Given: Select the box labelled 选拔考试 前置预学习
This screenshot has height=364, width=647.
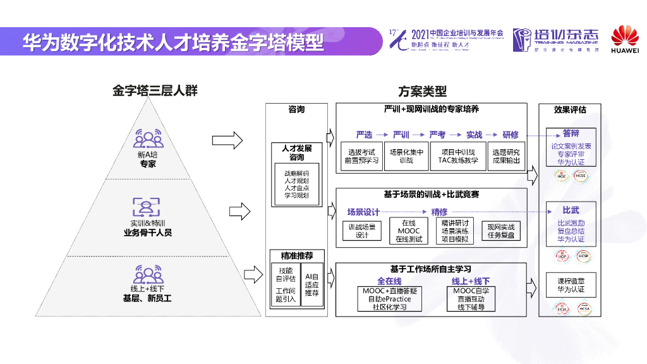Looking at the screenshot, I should tap(361, 156).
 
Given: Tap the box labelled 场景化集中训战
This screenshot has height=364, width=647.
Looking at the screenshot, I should tap(406, 156).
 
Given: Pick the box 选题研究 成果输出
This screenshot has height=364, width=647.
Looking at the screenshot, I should tap(506, 156).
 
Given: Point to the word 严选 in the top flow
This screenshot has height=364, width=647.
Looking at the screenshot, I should tap(364, 135).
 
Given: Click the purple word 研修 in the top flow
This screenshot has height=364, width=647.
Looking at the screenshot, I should tap(511, 135).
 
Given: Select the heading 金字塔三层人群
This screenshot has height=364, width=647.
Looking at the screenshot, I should tap(155, 91).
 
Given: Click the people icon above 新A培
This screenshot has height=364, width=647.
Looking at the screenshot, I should tap(147, 138).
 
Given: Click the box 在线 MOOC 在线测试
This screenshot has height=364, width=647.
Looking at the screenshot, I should tap(409, 231).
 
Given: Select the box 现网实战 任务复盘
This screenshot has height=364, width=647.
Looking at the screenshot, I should tap(501, 231).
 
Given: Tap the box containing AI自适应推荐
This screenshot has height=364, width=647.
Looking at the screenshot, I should tap(312, 285).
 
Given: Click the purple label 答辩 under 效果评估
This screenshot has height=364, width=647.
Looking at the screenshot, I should tap(571, 133).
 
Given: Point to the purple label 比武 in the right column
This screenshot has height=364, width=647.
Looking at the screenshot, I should tap(571, 210).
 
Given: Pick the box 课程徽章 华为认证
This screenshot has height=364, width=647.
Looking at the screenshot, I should tap(571, 285).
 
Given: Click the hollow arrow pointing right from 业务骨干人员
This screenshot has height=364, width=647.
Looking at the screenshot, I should tap(233, 208).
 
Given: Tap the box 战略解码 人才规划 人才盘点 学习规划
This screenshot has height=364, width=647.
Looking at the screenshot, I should tap(296, 185).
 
